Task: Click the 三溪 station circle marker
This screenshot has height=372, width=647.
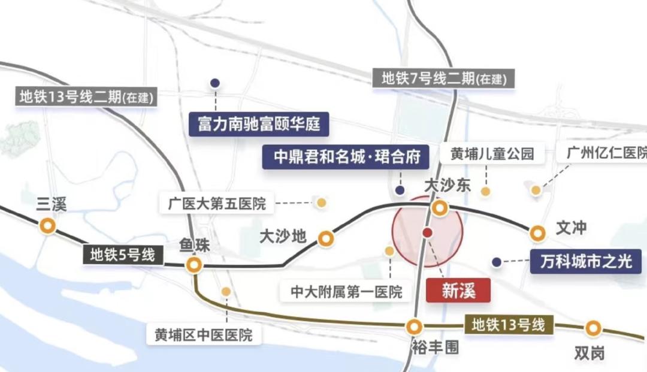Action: [47, 226]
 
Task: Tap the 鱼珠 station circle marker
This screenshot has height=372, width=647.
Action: [194, 265]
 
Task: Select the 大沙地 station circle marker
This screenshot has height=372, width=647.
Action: [326, 239]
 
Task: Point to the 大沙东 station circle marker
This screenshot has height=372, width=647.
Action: [440, 208]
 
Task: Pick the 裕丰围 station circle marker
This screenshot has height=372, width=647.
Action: [413, 327]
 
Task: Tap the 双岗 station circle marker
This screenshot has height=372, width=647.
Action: [593, 328]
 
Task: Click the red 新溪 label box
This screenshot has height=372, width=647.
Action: [458, 291]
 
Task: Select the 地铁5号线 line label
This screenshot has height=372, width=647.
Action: [123, 255]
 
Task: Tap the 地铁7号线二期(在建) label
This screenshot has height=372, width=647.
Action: [443, 78]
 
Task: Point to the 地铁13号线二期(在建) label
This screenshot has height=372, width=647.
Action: [87, 96]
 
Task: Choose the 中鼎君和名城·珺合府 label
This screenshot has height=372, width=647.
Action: [345, 157]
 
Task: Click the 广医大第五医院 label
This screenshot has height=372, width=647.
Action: [217, 203]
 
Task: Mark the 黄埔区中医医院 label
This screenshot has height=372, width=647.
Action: [204, 334]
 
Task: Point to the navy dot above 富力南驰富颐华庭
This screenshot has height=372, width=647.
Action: [214, 83]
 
